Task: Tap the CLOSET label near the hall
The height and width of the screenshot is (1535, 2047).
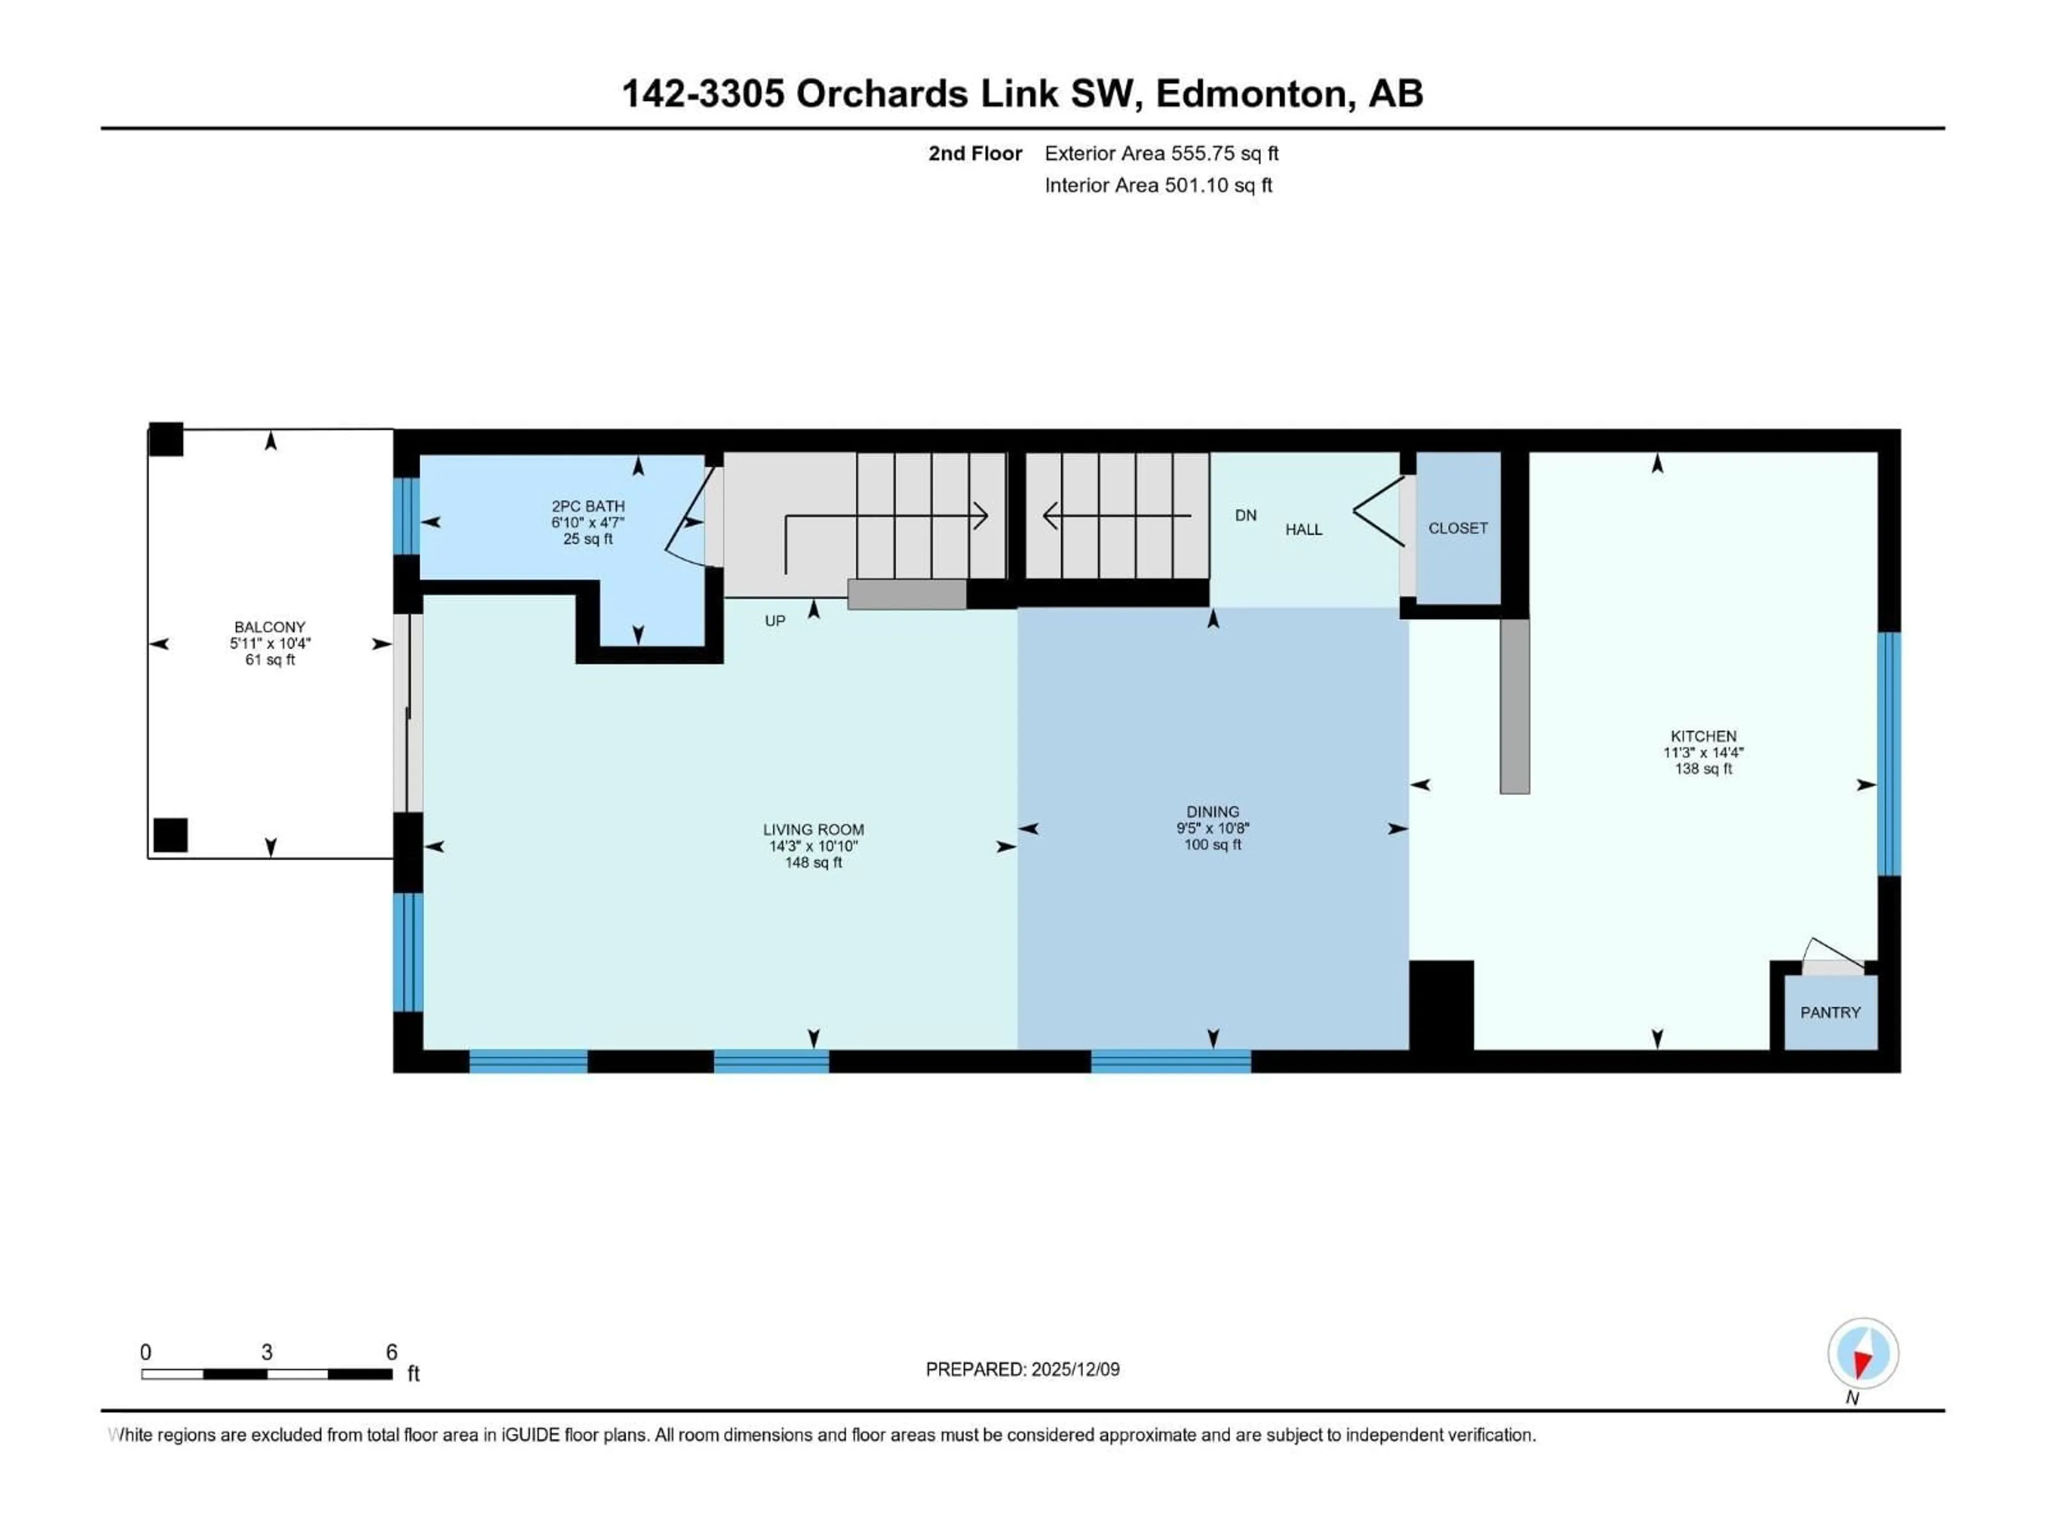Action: pyautogui.click(x=1457, y=528)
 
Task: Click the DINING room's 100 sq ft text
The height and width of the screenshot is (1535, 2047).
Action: pyautogui.click(x=1212, y=845)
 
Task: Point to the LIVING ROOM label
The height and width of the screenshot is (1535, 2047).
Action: pyautogui.click(x=813, y=830)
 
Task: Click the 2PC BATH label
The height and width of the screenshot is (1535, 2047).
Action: pyautogui.click(x=587, y=506)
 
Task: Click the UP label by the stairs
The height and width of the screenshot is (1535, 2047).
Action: pyautogui.click(x=775, y=621)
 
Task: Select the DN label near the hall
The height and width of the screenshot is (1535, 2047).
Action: pyautogui.click(x=1246, y=515)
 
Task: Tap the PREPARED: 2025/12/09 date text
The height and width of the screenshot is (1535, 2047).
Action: pyautogui.click(x=1022, y=1369)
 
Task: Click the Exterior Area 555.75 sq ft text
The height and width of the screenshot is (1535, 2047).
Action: pyautogui.click(x=1162, y=153)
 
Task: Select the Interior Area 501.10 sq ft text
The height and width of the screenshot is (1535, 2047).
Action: pyautogui.click(x=1158, y=185)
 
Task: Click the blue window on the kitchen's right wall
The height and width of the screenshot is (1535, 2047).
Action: pyautogui.click(x=1889, y=754)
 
